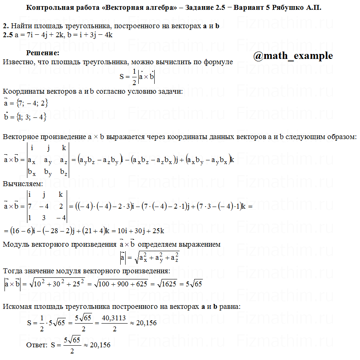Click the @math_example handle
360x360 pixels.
[293, 56]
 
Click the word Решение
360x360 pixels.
[43, 53]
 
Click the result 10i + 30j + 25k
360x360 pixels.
[138, 231]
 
